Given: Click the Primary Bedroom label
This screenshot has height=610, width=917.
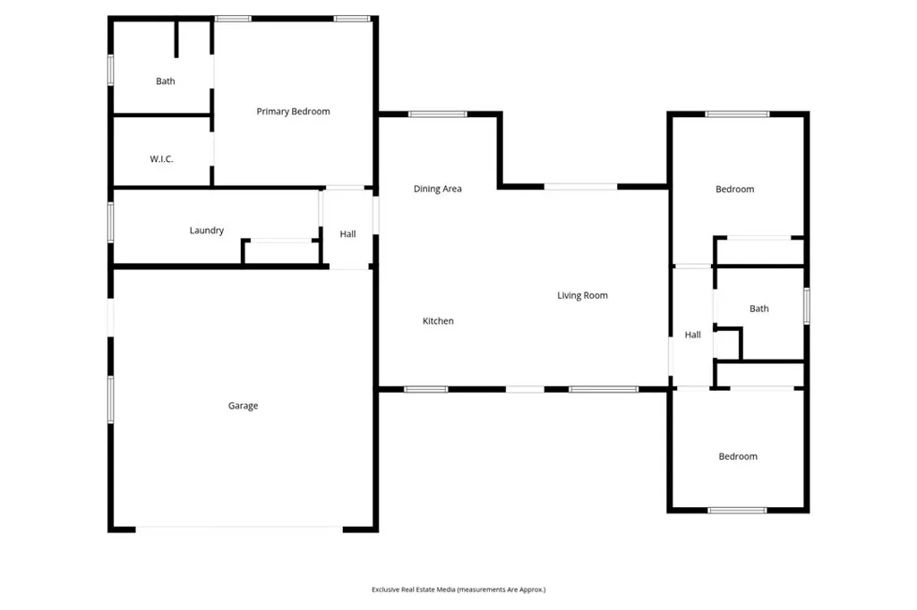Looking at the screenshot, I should click(x=293, y=112).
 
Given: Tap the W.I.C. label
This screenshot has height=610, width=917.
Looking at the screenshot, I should click(x=161, y=159).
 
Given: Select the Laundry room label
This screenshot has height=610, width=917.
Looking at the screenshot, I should click(x=206, y=231).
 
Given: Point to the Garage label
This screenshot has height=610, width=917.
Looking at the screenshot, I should click(x=243, y=406).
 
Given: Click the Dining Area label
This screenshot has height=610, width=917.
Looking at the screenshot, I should click(x=438, y=189).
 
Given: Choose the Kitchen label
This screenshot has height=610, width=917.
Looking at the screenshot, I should click(x=438, y=321).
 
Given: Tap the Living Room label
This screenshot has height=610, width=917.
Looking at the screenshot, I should click(x=582, y=295).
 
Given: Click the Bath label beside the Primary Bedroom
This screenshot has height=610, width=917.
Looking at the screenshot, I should click(x=166, y=81).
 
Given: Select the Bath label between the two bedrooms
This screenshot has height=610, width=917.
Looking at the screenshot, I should click(x=758, y=309).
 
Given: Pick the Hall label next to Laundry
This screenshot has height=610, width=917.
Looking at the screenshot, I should click(x=347, y=234).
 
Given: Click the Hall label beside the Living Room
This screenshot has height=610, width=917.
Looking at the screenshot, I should click(x=692, y=335).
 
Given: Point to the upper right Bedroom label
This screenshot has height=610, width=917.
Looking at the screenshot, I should click(x=734, y=190).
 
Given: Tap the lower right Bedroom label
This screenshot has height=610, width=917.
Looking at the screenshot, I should click(x=738, y=457).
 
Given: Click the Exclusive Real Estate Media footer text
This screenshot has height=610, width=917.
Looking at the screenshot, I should click(x=458, y=589).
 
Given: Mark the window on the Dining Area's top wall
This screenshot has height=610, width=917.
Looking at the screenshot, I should click(x=438, y=114).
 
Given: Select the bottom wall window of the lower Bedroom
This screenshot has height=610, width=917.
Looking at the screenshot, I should click(x=737, y=510).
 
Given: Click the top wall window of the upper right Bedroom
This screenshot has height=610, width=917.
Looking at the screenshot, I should click(x=737, y=114).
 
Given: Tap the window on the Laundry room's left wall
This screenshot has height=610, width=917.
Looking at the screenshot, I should click(x=111, y=222).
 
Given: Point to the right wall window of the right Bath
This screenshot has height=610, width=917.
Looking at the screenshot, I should click(x=806, y=305).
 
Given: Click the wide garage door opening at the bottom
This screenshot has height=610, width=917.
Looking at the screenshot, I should click(x=239, y=529).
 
